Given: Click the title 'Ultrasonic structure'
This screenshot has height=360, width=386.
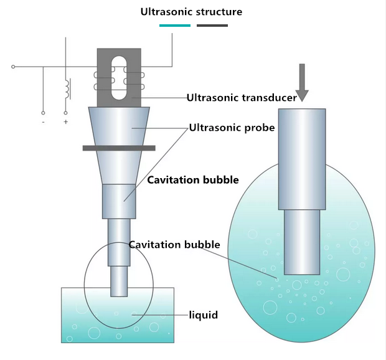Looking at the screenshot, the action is coord(191,12).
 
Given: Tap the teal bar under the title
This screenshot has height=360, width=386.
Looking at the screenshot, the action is coord(175,26).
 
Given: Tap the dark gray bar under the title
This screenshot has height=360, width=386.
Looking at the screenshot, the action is coord(212,26).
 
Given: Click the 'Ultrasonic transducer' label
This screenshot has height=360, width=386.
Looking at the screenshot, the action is coord(242,98).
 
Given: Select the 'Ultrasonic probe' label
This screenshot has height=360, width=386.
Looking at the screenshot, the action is coord(232,128).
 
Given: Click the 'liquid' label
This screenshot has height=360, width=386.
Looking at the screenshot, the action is coord(204,315).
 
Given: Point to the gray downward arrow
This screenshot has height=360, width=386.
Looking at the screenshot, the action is coord(302,83).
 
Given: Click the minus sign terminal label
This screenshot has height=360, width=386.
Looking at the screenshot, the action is coord(44,122).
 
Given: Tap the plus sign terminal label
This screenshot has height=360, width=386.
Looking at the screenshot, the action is coord(66,121).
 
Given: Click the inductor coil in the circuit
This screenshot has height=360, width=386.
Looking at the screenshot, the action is coord(67,89).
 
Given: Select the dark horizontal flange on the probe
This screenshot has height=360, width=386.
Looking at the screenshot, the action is coord(119,148).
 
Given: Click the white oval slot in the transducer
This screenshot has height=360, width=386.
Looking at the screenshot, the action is coord(119,78).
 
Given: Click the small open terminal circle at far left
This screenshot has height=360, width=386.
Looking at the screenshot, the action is coord(13,67).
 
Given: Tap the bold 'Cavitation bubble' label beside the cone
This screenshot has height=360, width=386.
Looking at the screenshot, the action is coord(193,180).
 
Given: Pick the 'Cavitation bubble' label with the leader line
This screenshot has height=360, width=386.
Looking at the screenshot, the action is coord(174,245).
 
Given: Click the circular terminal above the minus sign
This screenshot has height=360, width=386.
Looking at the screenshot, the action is coord(43,113).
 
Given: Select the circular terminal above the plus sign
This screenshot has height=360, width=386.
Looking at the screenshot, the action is coord(65,113).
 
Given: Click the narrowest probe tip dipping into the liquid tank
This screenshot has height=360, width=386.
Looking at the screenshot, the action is coord(119,282).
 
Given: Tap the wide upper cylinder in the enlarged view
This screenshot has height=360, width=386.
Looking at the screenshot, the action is coord(302,159).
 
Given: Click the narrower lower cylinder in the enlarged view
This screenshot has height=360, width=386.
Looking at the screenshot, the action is coord(302,242).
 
